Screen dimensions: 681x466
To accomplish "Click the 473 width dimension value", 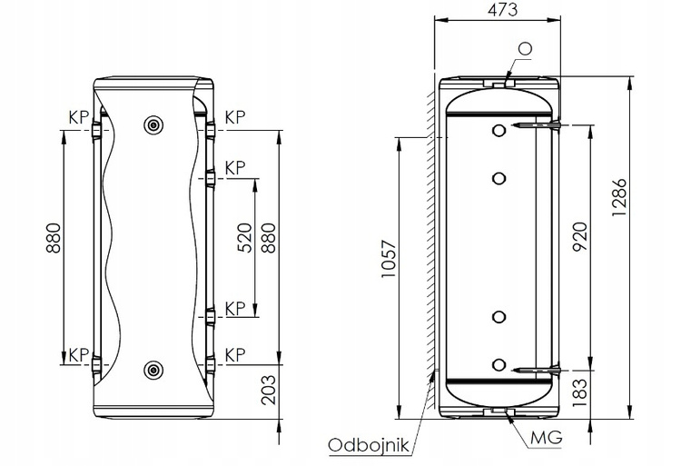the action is pos(502,10).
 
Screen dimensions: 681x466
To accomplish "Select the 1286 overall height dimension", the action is pos(619,197).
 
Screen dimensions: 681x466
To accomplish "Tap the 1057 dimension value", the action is pos(390,259).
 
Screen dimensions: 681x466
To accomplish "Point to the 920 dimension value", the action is pos(580,237).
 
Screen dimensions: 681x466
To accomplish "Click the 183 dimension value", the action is pos(580,393).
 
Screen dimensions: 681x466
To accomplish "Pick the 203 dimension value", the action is pos(269,390).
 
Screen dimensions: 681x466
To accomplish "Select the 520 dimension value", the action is pos(244,238).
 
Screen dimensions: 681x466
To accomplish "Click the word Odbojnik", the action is pos(369,445).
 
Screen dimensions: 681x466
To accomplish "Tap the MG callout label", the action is pos(546,438).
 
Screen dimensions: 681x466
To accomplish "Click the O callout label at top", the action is pos(525,48).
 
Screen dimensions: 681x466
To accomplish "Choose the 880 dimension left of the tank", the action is pos(54,238).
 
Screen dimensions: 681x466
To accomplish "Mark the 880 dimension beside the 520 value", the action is pos(269,238).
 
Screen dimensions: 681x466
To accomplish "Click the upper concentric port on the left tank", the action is pos(153,125).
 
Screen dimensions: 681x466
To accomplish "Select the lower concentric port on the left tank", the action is pos(153,370).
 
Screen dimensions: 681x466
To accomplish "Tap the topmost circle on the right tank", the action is pos(499,130).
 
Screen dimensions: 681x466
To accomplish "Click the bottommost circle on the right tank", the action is pos(499,365).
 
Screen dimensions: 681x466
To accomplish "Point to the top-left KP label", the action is pos(79,117).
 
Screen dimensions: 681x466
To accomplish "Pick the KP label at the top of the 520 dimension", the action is pos(235,168).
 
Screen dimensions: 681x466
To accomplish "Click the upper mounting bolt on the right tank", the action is pos(537,125).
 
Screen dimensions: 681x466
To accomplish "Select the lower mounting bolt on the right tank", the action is pos(537,371).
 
